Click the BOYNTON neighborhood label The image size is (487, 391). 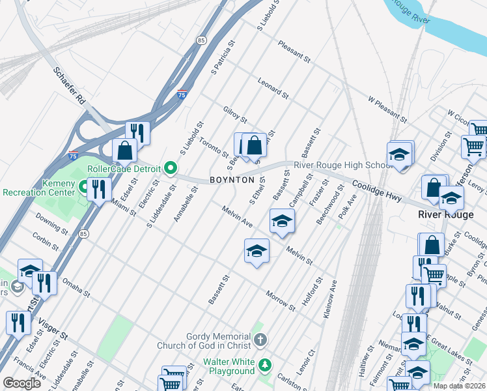232,180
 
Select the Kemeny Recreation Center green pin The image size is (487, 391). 84,188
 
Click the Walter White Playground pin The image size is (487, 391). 264,364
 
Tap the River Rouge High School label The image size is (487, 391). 342,166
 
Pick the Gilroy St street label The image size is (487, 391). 235,115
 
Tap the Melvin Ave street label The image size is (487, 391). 237,217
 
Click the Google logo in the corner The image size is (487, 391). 21,383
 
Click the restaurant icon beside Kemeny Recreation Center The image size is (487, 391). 98,190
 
